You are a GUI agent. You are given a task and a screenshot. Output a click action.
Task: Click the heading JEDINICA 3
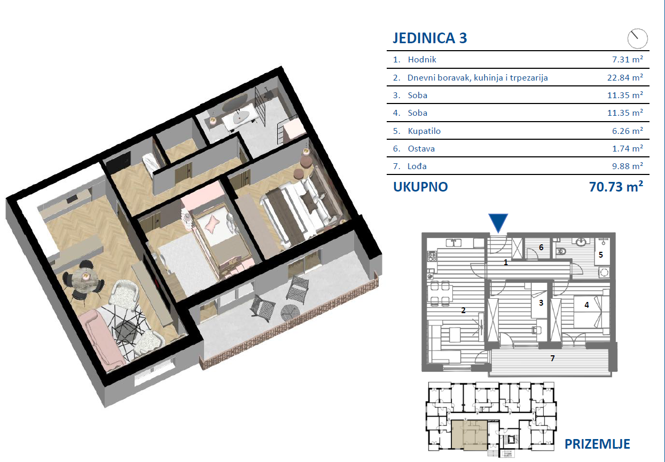point(429,38)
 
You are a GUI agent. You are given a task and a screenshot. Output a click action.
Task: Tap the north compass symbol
point(637,38)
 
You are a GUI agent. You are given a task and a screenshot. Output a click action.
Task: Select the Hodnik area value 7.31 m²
point(627,59)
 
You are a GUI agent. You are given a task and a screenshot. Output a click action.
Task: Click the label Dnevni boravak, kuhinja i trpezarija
point(478,78)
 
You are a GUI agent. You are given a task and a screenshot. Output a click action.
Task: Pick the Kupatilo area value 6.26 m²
point(627,131)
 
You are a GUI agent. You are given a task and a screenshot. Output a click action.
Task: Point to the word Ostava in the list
point(421,148)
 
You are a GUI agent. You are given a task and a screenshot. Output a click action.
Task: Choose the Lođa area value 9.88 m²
point(627,166)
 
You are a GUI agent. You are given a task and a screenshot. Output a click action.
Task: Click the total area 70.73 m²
point(616,187)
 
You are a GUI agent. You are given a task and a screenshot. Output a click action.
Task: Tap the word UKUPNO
point(420,187)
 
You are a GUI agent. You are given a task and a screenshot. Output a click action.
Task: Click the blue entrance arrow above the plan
point(498,222)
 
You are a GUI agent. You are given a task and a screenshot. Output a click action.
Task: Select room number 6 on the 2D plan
point(541,247)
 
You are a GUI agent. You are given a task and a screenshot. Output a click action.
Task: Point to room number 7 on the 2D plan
point(552,358)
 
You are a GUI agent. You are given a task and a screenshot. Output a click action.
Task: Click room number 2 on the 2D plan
point(463,310)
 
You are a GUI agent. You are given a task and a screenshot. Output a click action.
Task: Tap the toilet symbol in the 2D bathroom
point(560,251)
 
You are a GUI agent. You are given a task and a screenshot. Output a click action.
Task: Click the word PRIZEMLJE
point(597,444)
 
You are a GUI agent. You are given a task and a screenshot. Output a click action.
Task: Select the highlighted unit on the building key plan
point(470,435)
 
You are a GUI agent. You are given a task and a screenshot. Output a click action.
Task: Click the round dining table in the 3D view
point(85,276)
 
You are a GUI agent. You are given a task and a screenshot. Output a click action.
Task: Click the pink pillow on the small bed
point(213,222)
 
